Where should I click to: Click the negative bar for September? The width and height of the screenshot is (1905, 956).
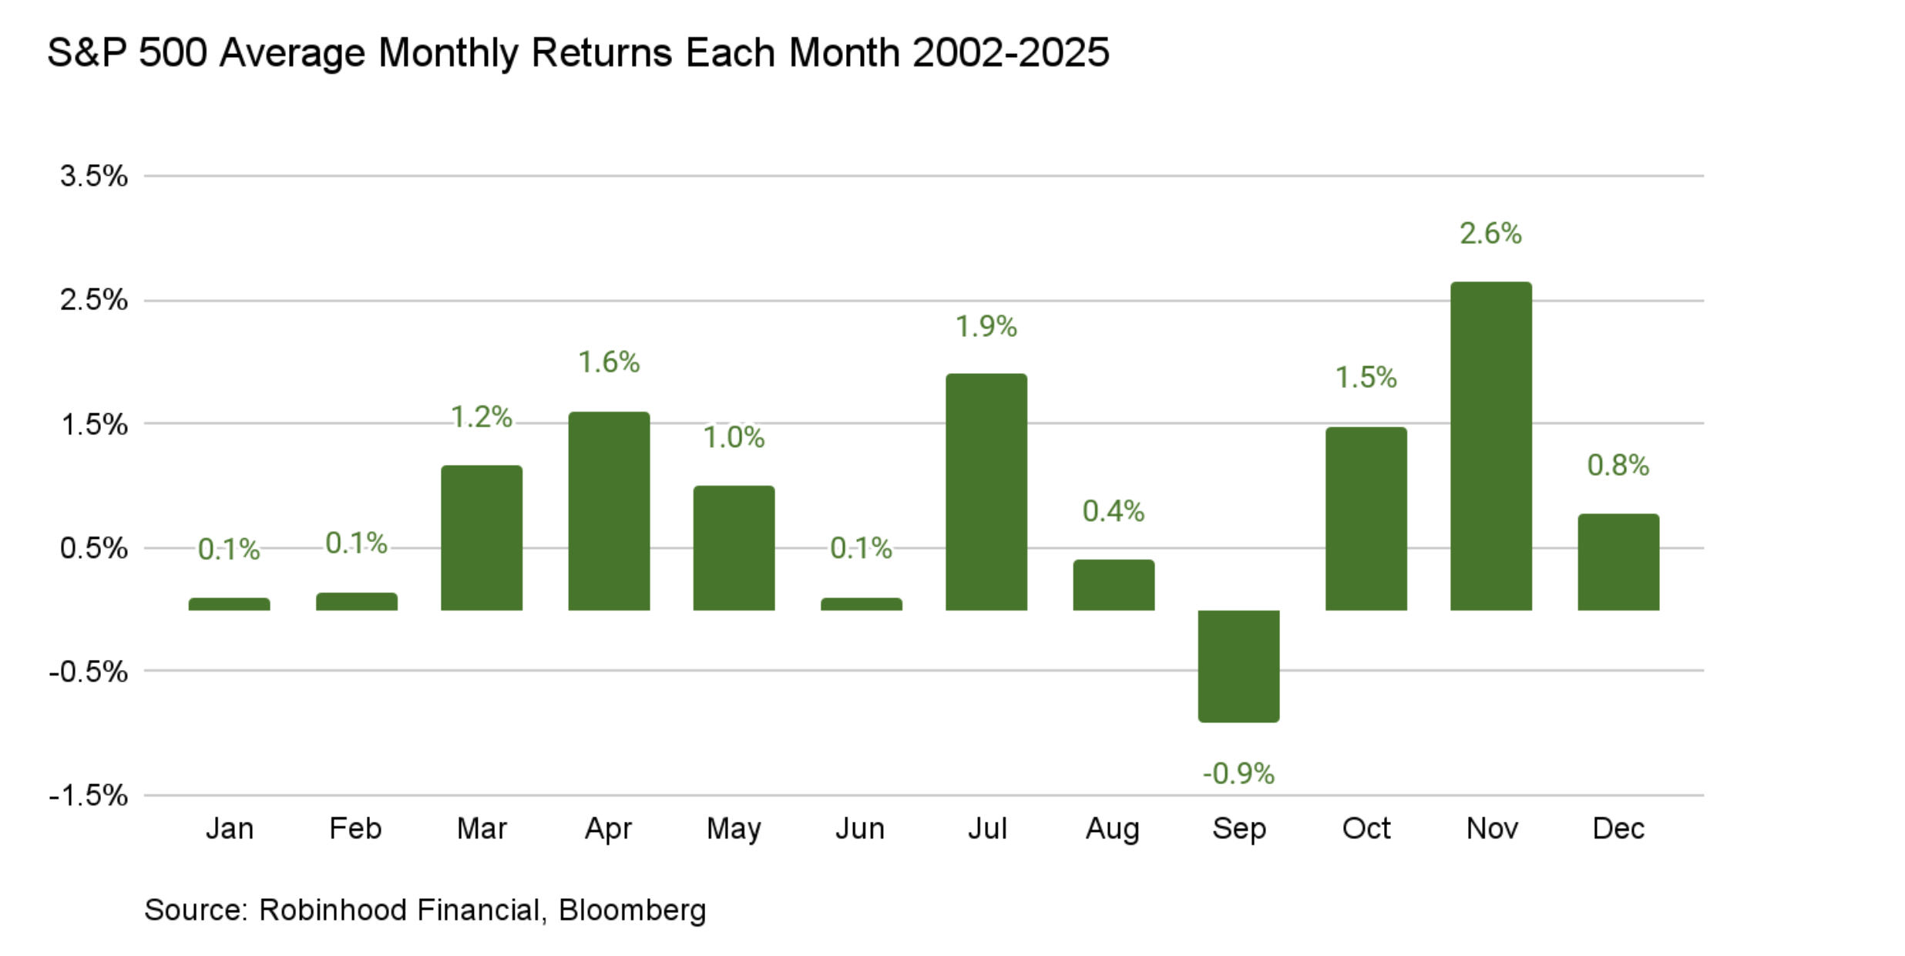click(1238, 665)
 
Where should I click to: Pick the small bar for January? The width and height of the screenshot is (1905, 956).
click(229, 604)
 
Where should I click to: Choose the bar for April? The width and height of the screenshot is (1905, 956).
click(609, 511)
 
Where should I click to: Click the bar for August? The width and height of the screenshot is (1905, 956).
click(1114, 585)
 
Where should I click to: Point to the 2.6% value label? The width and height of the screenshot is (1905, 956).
click(1490, 234)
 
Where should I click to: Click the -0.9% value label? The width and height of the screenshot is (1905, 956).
click(1238, 773)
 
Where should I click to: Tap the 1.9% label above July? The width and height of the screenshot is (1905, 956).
click(986, 327)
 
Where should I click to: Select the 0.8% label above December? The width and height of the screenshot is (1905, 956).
click(1618, 465)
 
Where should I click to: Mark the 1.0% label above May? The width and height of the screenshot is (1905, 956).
click(734, 438)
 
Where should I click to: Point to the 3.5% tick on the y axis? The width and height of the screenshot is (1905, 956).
click(94, 177)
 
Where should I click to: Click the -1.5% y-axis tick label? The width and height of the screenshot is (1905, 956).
click(89, 795)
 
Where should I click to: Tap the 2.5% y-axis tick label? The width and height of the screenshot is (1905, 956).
click(94, 300)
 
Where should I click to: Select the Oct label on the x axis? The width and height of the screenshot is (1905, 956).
click(1366, 829)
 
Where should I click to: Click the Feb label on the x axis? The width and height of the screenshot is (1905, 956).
click(355, 829)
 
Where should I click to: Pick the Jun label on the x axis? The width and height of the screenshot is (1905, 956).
click(860, 829)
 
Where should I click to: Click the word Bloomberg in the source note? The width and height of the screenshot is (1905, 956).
click(632, 911)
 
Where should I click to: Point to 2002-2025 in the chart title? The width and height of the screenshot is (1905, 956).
click(1010, 53)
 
